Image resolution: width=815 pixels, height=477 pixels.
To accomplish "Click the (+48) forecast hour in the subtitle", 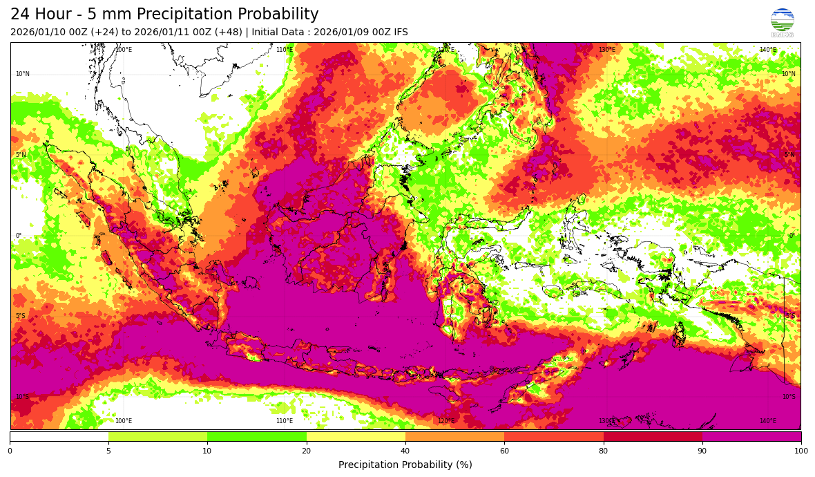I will [x=227, y=32].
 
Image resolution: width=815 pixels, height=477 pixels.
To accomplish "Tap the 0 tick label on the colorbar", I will [x=10, y=451].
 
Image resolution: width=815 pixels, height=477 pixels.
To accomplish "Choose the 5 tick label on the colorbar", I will [x=108, y=451].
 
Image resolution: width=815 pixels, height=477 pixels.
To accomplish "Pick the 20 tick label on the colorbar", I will [x=307, y=451].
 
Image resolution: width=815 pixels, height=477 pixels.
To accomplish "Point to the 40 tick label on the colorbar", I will [x=405, y=451].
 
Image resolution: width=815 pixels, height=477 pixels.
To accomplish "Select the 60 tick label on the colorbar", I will [x=504, y=451].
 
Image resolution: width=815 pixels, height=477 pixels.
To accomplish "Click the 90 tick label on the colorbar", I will [x=702, y=451].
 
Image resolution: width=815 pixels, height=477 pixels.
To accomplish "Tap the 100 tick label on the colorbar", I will [x=800, y=451].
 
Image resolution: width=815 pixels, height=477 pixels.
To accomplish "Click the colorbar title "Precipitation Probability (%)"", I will [x=405, y=465].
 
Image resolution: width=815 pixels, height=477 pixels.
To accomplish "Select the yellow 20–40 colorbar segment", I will [x=356, y=437].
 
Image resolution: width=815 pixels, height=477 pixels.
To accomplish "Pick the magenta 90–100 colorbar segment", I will [x=751, y=437].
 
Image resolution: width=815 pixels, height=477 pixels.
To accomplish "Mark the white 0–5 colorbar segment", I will [x=59, y=437].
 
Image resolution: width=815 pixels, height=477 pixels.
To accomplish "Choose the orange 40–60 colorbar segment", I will [x=454, y=437].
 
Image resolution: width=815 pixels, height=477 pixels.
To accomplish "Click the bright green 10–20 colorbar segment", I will [x=257, y=437].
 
